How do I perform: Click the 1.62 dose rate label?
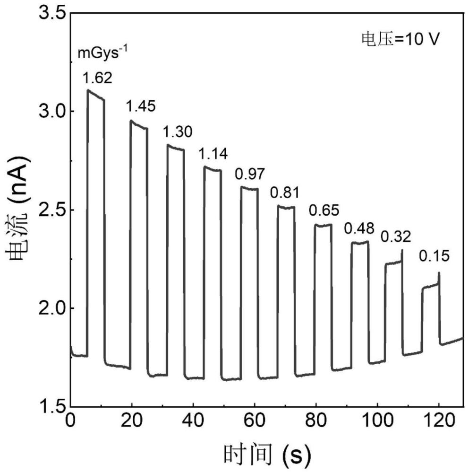click(x=97, y=78)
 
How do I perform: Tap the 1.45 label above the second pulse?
click(x=141, y=107)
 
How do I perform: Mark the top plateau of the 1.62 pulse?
click(x=96, y=95)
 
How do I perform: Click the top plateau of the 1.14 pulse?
click(x=212, y=168)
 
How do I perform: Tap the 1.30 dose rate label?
click(x=178, y=132)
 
